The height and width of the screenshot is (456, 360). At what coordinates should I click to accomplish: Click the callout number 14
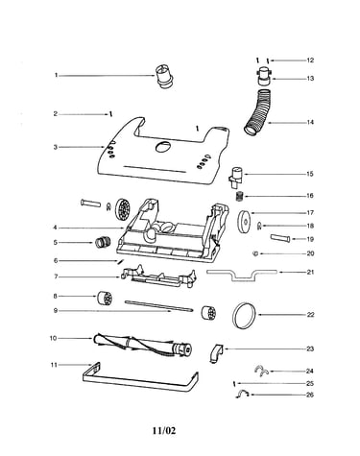click(x=310, y=122)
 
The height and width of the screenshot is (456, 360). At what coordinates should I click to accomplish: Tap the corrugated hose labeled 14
click(x=259, y=112)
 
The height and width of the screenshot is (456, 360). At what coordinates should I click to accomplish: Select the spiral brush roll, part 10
click(x=143, y=346)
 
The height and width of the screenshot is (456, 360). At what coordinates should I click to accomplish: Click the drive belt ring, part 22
click(x=245, y=315)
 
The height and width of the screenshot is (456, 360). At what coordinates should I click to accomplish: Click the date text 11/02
click(x=164, y=430)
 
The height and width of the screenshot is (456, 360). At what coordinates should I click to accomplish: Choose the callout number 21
click(x=310, y=272)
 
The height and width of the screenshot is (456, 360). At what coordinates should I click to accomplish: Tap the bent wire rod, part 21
click(x=242, y=275)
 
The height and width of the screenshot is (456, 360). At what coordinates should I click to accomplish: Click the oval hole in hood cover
click(x=163, y=147)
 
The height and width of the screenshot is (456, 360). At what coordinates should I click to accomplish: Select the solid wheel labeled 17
click(x=245, y=221)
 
